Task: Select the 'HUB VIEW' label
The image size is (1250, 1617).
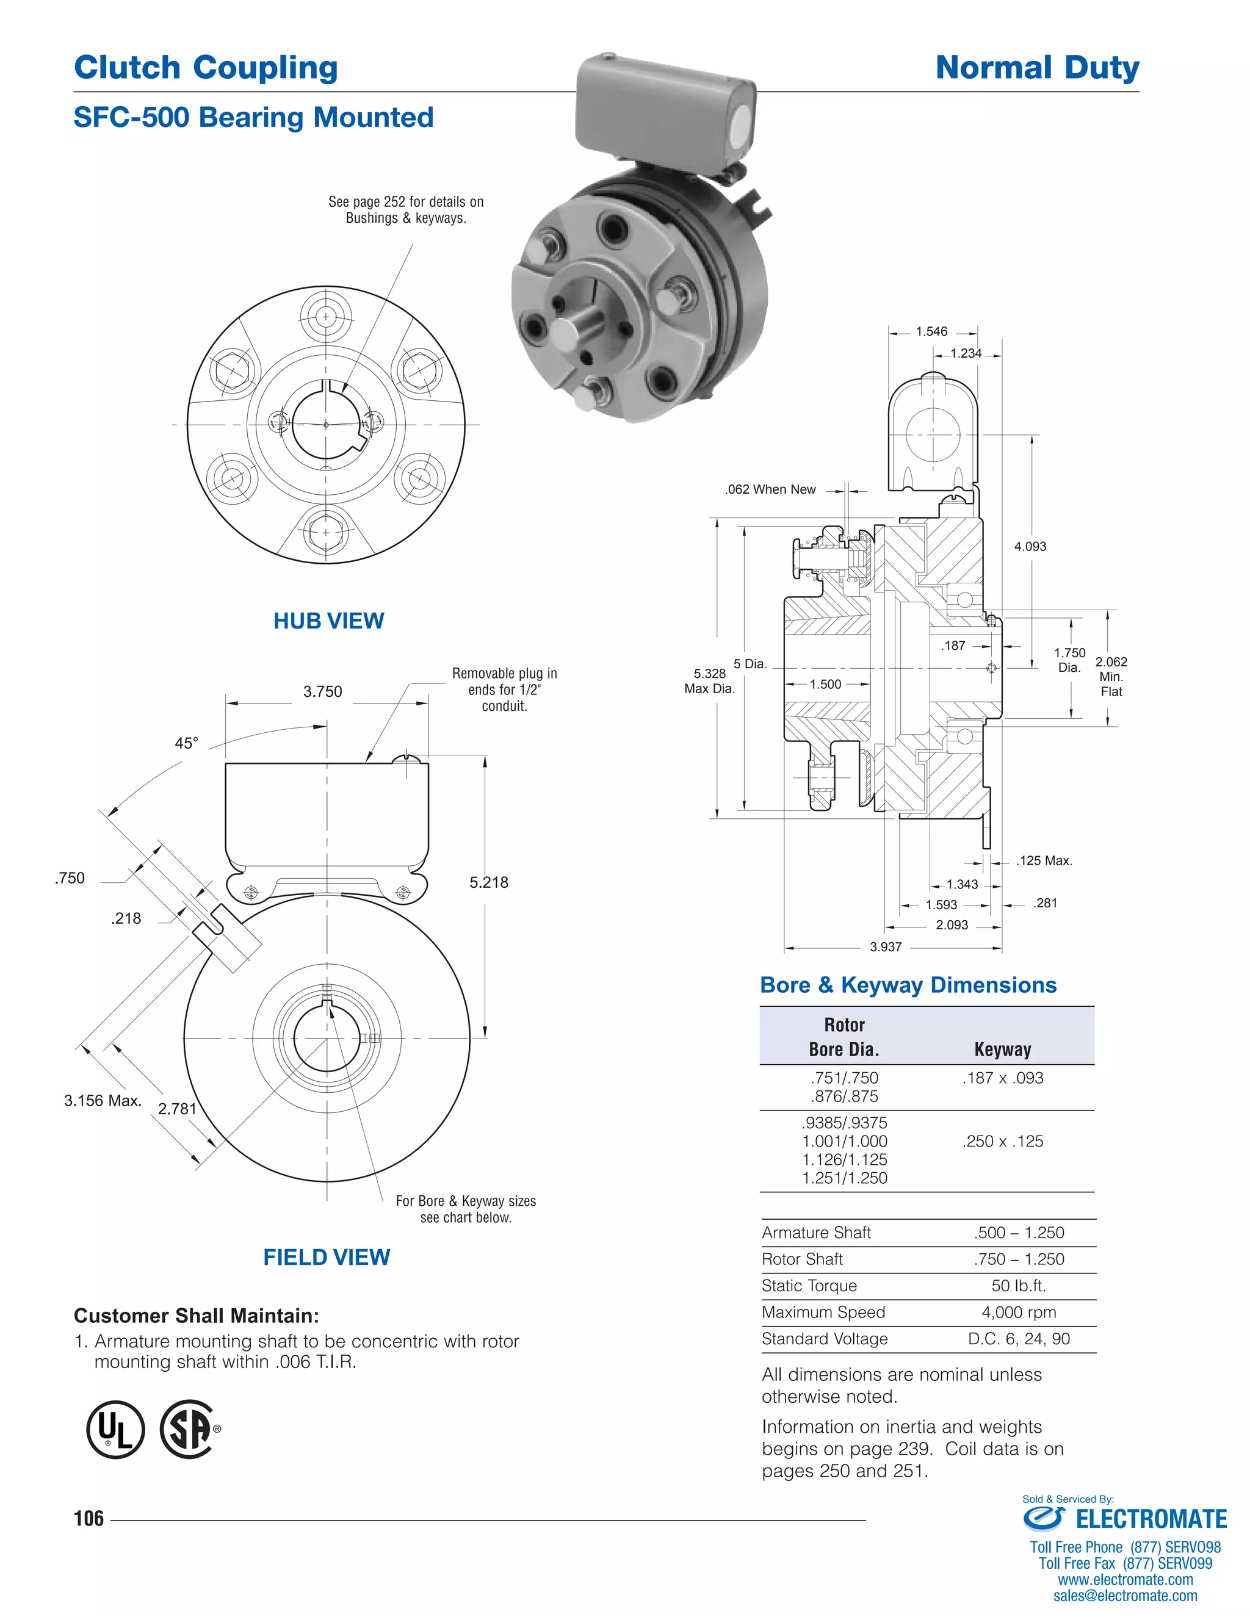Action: [329, 621]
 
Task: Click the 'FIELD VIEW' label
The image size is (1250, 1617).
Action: [327, 1256]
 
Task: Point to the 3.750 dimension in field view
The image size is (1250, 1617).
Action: [323, 691]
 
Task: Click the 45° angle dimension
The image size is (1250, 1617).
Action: [187, 743]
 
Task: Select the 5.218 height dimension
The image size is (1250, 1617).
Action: [489, 882]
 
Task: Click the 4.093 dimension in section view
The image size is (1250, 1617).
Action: [1030, 546]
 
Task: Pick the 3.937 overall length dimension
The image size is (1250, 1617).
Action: [886, 947]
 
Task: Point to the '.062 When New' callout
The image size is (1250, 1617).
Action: [770, 489]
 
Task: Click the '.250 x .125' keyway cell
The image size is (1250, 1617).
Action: [1003, 1141]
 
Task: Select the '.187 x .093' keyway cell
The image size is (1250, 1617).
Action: [1003, 1078]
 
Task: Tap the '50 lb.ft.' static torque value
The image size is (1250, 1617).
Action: [1018, 1285]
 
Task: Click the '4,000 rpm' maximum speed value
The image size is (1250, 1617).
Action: [1018, 1312]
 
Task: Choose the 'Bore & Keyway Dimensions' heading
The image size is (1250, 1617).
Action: [908, 985]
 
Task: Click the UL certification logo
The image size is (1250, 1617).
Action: [115, 1429]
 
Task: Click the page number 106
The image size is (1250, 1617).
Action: [89, 1519]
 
